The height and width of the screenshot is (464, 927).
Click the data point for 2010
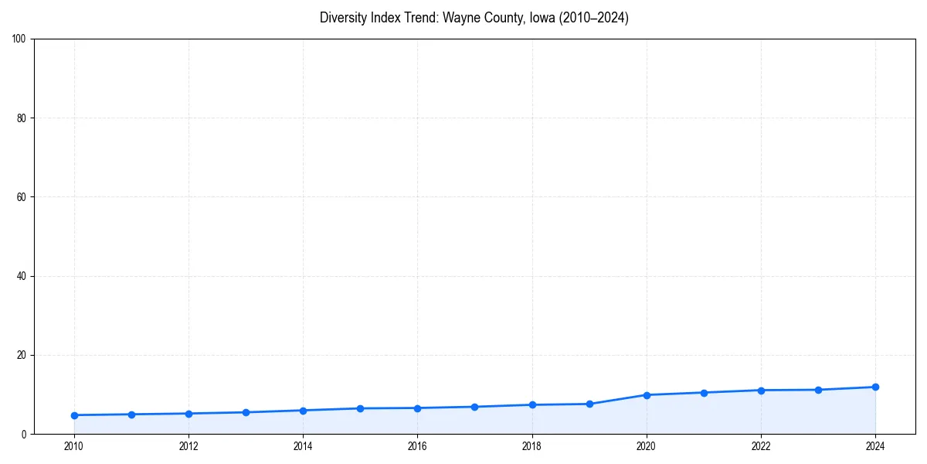click(x=74, y=415)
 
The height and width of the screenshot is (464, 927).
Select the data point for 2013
click(x=246, y=412)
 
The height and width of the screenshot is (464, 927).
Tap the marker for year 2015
click(x=360, y=408)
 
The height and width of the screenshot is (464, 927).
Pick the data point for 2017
click(x=474, y=407)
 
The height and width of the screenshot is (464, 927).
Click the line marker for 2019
click(x=589, y=404)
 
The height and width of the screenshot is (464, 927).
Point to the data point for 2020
click(x=647, y=394)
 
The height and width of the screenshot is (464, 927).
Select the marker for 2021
click(x=704, y=392)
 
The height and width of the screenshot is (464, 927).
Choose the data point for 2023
click(x=818, y=390)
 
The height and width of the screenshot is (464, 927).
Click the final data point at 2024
click(x=875, y=387)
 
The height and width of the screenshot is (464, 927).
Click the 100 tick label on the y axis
click(x=19, y=39)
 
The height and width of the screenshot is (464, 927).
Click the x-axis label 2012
click(x=188, y=446)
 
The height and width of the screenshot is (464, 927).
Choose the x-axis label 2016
click(x=417, y=446)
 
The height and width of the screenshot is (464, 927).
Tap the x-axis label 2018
click(x=531, y=446)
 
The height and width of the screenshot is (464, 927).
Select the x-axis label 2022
click(x=761, y=446)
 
